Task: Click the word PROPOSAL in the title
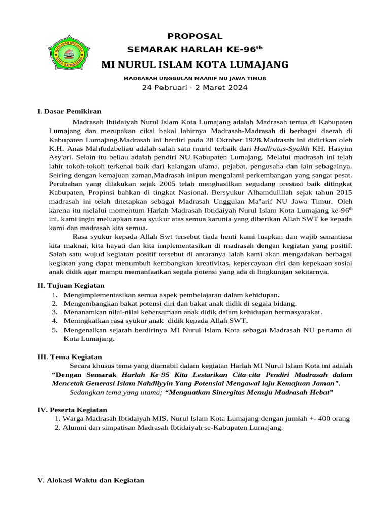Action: coord(195,36)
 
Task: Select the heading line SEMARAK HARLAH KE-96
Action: coord(195,50)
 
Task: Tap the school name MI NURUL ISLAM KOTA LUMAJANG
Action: coord(195,64)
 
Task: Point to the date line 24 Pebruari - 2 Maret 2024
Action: coord(195,88)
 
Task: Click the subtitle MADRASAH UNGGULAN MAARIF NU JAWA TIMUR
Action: coord(195,78)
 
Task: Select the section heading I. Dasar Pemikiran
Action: coord(70,111)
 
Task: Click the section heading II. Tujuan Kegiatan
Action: coord(71,286)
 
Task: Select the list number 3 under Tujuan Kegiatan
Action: coord(54,312)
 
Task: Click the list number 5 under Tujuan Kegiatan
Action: coord(54,330)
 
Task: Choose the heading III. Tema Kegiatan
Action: coord(70,357)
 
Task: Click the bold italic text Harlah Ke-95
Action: coord(145,374)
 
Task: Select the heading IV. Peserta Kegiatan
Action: coord(72,410)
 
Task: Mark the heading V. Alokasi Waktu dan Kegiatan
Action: coord(91,480)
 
